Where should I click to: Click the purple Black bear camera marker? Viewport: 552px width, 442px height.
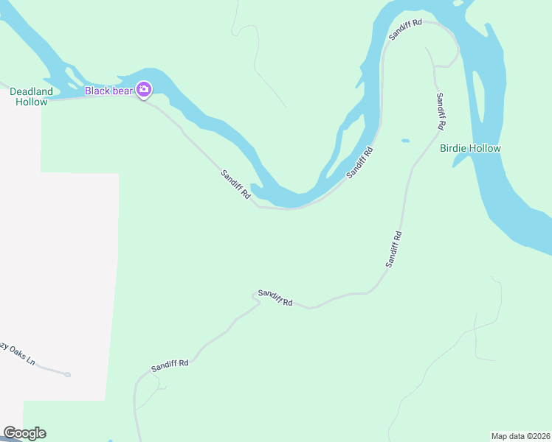144,90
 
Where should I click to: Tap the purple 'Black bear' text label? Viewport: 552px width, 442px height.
108,91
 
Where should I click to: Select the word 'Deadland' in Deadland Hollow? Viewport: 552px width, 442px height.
31,91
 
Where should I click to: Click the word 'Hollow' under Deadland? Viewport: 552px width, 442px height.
32,102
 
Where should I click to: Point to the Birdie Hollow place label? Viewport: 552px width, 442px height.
470,148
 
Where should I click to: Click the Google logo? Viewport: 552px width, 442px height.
24,433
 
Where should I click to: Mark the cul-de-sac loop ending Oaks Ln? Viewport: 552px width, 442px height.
67,374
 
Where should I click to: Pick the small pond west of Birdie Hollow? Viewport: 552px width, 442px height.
405,140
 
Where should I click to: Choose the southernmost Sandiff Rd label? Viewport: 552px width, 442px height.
170,364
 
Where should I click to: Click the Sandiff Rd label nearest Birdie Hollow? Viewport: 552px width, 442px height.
441,111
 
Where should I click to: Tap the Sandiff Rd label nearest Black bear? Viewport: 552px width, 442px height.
236,185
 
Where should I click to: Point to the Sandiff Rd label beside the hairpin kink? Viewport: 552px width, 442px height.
275,298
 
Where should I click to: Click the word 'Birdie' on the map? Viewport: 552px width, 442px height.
454,148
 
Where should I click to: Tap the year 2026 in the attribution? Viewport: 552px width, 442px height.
539,435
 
